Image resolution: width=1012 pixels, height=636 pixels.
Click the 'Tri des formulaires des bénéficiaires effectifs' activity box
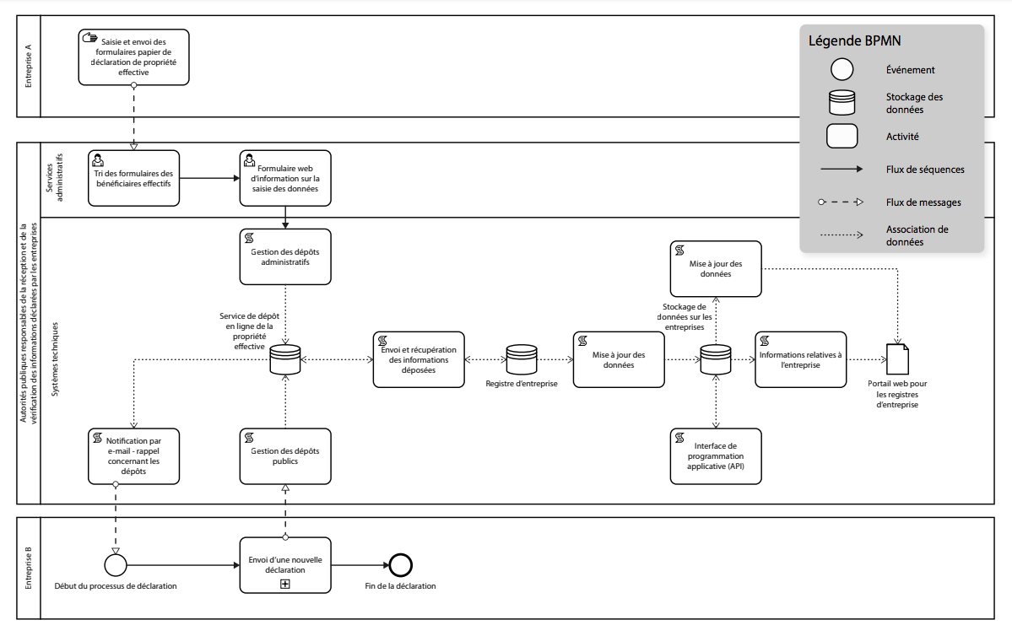(134, 178)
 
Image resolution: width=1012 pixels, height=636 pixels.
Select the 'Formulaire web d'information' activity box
(285, 178)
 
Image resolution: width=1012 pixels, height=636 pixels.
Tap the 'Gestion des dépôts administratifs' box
(285, 256)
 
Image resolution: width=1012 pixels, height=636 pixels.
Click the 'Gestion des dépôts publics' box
(285, 456)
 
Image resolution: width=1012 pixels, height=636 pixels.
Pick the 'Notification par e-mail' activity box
(134, 456)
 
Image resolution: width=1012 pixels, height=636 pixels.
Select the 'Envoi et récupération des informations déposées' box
(419, 360)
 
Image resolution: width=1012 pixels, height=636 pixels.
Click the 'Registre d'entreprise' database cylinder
(521, 360)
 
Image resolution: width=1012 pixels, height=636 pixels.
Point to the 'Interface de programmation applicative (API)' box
(716, 456)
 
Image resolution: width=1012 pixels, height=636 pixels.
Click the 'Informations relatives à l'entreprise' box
(800, 360)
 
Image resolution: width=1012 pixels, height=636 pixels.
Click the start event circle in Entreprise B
(116, 564)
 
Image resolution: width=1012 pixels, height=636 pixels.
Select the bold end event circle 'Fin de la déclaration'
(400, 564)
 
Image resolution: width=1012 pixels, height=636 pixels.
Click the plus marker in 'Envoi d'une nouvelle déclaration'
(285, 584)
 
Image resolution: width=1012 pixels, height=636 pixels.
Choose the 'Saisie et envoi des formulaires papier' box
(134, 57)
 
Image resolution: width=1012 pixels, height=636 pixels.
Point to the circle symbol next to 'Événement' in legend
(842, 70)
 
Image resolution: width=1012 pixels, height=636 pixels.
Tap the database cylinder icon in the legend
(842, 103)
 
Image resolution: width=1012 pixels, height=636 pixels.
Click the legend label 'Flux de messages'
(923, 202)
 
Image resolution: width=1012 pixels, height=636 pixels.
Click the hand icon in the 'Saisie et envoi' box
(90, 38)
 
